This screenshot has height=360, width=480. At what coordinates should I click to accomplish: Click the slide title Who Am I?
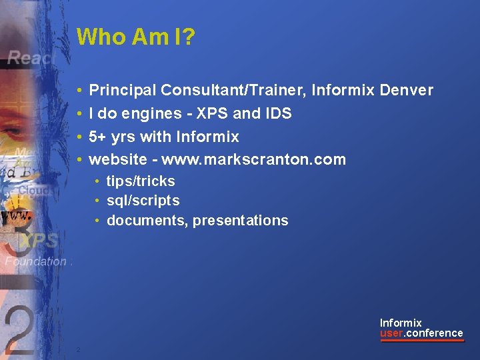coord(136,37)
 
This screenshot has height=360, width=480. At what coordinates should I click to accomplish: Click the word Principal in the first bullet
coord(123,90)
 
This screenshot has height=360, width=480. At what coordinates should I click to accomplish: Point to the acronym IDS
coord(277,113)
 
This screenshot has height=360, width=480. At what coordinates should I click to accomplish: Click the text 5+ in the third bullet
coord(97,137)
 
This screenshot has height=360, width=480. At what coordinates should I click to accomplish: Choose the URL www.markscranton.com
coord(253,159)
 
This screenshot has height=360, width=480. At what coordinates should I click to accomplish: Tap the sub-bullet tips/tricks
coord(141,181)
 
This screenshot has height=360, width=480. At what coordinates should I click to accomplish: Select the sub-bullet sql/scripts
coord(143,201)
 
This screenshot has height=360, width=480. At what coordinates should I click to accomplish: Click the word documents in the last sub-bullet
coord(146,221)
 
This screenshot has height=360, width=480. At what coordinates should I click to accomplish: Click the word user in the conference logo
coord(391,333)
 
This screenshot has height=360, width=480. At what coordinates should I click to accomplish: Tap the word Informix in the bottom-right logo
coord(401,323)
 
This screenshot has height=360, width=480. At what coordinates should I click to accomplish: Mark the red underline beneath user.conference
coord(422,341)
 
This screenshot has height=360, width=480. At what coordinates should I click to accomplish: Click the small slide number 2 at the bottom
coord(78,350)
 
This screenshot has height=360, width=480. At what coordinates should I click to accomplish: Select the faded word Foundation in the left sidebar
coord(35,261)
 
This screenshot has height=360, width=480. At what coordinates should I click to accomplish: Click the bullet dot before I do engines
coord(79,113)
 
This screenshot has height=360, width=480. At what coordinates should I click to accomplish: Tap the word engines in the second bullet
coord(138,114)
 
